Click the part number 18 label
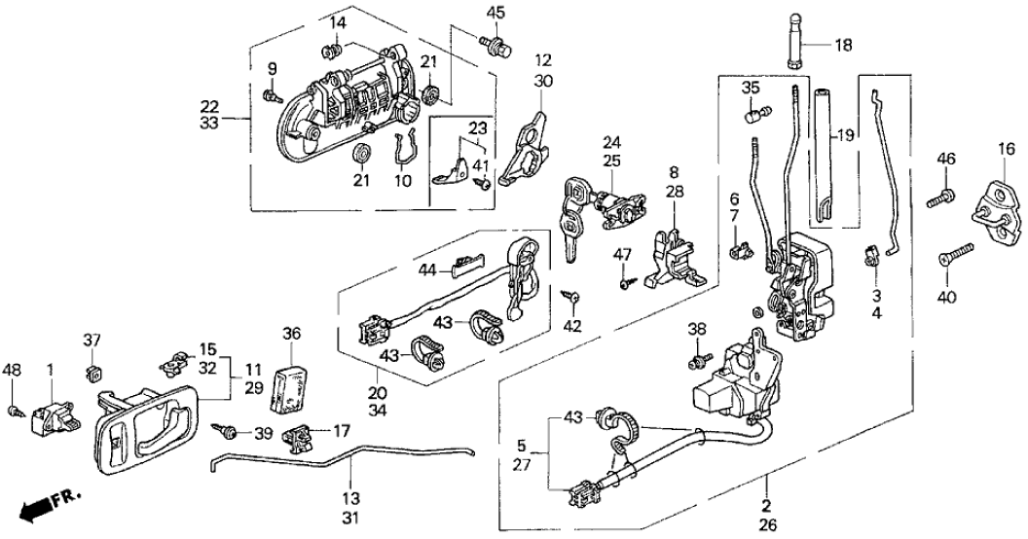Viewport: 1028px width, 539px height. click(842, 44)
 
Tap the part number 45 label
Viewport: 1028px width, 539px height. click(497, 13)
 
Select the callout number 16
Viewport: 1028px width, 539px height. click(1002, 148)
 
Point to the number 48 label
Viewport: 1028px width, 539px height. click(13, 371)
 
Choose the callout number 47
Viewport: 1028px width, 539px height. click(623, 256)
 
